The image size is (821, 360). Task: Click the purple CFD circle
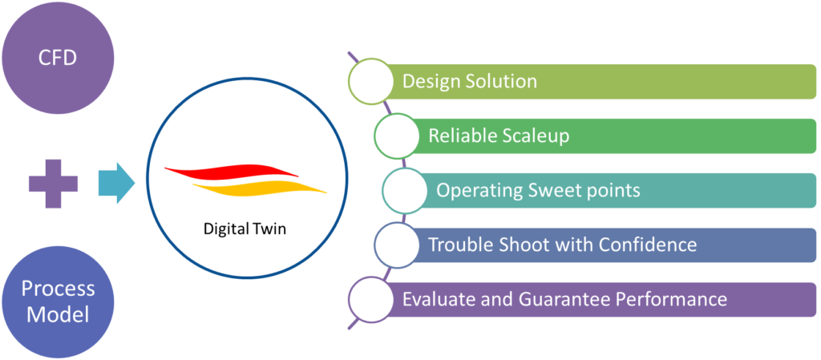pyautogui.click(x=58, y=59)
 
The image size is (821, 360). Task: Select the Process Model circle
pyautogui.click(x=58, y=301)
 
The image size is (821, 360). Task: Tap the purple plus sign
pyautogui.click(x=54, y=184)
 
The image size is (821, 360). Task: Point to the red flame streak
pyautogui.click(x=233, y=171)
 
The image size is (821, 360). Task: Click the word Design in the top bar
pyautogui.click(x=429, y=82)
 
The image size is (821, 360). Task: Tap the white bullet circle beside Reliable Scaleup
pyautogui.click(x=396, y=136)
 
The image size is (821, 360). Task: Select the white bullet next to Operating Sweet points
pyautogui.click(x=404, y=190)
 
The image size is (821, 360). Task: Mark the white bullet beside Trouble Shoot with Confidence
pyautogui.click(x=396, y=244)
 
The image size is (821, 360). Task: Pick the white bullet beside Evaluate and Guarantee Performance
pyautogui.click(x=370, y=299)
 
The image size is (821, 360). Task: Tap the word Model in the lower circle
pyautogui.click(x=58, y=314)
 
